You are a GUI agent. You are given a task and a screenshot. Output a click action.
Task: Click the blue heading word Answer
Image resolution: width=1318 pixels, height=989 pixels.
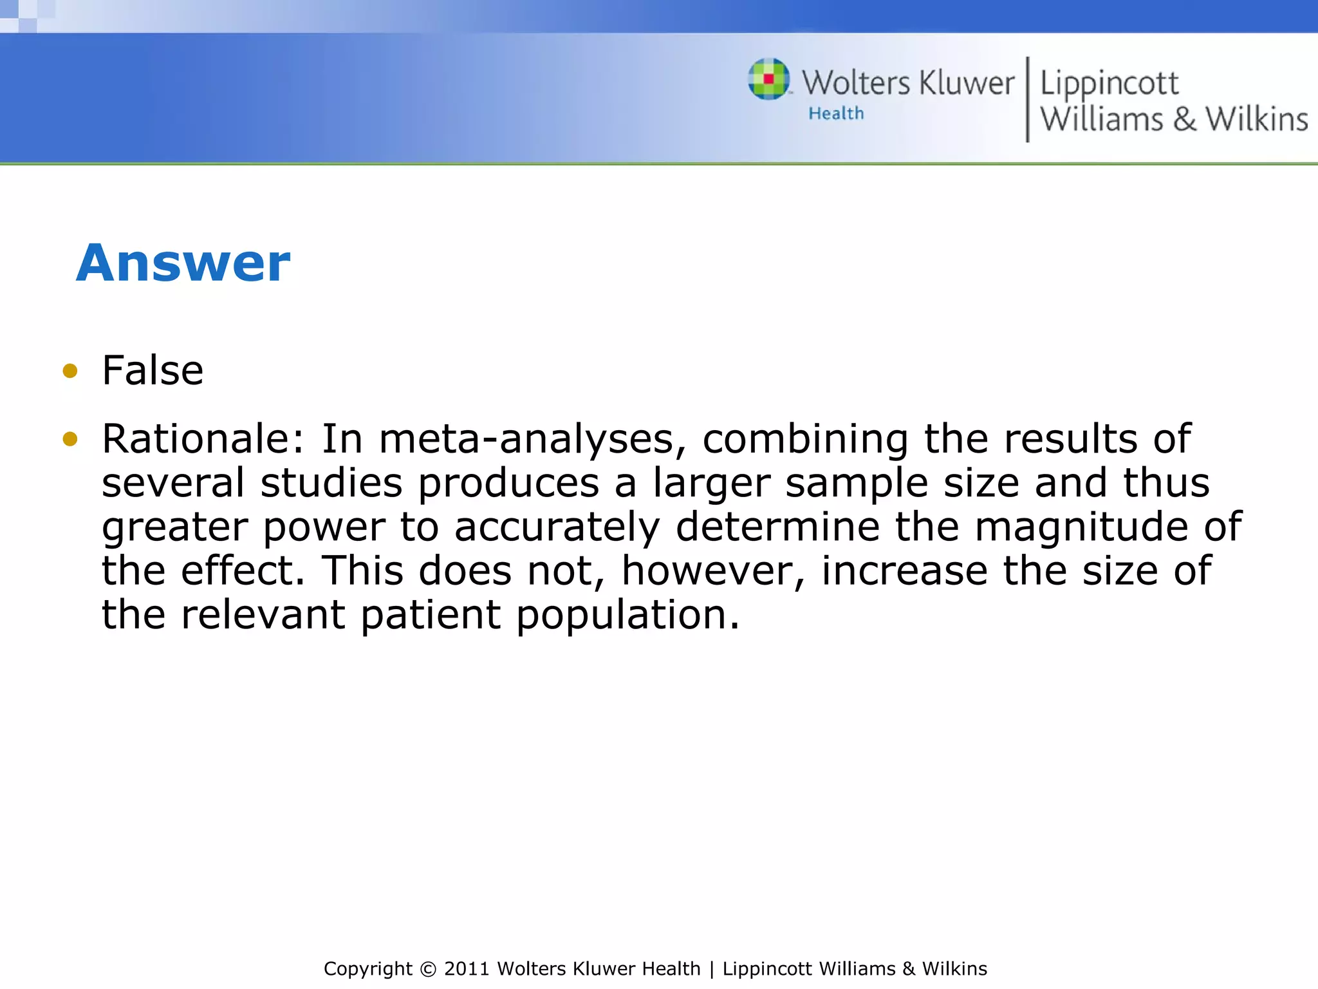pyautogui.click(x=183, y=263)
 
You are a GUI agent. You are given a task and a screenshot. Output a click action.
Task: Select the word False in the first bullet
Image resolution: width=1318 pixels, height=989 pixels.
pyautogui.click(x=153, y=371)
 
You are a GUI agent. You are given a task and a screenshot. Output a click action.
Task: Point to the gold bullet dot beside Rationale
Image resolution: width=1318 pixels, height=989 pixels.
pyautogui.click(x=70, y=439)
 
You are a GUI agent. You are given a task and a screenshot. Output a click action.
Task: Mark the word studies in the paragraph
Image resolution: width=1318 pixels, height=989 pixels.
pyautogui.click(x=331, y=483)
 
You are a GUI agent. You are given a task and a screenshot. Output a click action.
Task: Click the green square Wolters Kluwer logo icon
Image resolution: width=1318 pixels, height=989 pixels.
pyautogui.click(x=768, y=79)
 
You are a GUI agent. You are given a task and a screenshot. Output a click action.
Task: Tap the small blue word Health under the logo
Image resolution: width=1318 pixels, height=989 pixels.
pyautogui.click(x=836, y=114)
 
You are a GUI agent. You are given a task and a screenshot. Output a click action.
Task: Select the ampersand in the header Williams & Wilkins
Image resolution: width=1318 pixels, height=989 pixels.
pyautogui.click(x=1184, y=120)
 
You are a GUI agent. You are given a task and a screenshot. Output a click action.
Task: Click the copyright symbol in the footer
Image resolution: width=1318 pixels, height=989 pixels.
pyautogui.click(x=428, y=969)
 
